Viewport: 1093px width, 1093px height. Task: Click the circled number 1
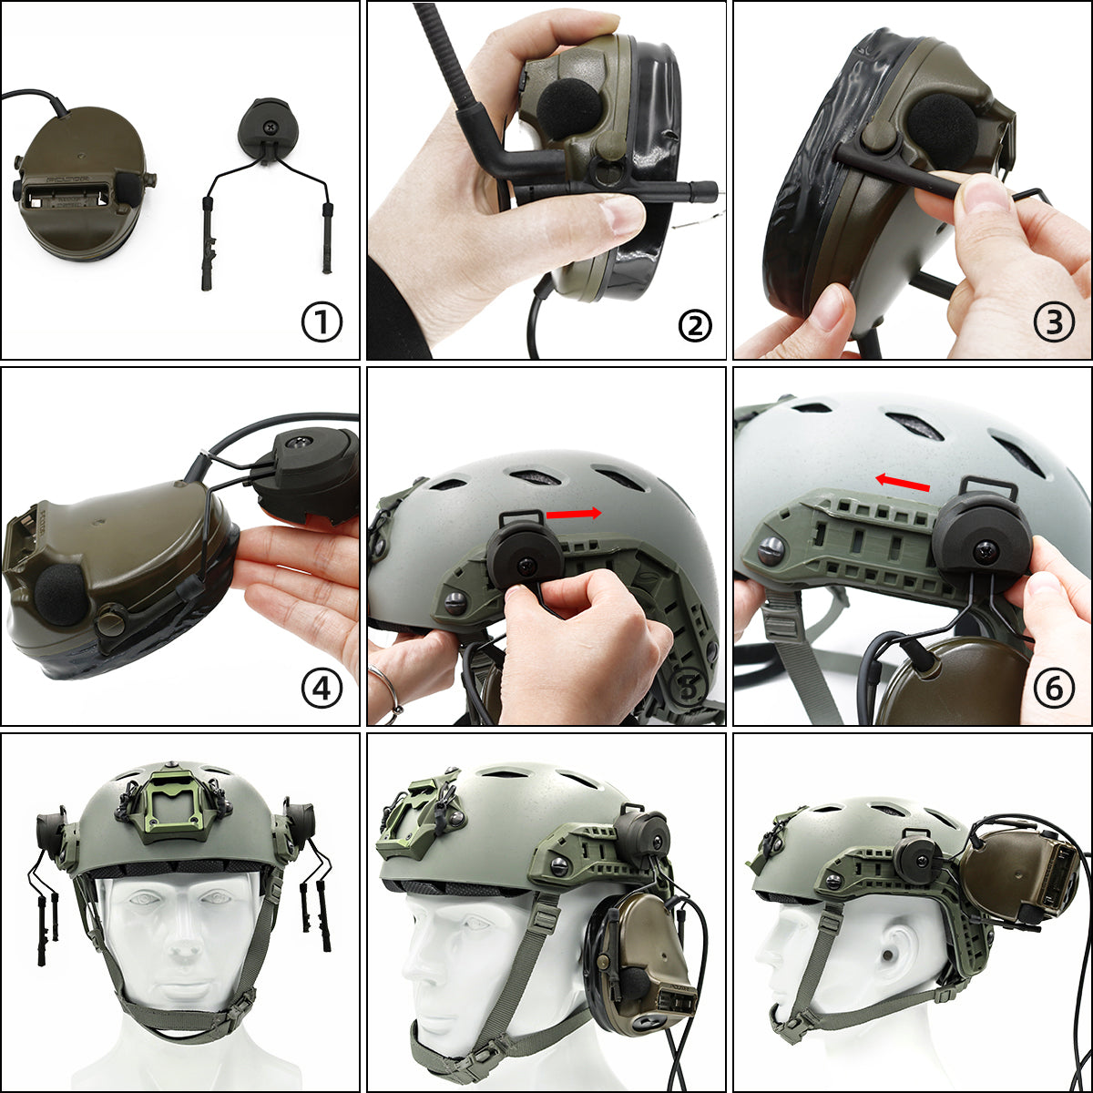pyautogui.click(x=322, y=323)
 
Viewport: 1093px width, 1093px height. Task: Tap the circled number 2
pyautogui.click(x=694, y=323)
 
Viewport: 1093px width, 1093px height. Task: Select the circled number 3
pyautogui.click(x=1054, y=323)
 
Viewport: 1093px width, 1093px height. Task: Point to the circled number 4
pyautogui.click(x=322, y=690)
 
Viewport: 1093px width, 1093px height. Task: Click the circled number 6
pyautogui.click(x=1054, y=690)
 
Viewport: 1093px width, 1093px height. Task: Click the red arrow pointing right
pyautogui.click(x=574, y=514)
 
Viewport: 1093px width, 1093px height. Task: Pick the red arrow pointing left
pyautogui.click(x=902, y=482)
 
